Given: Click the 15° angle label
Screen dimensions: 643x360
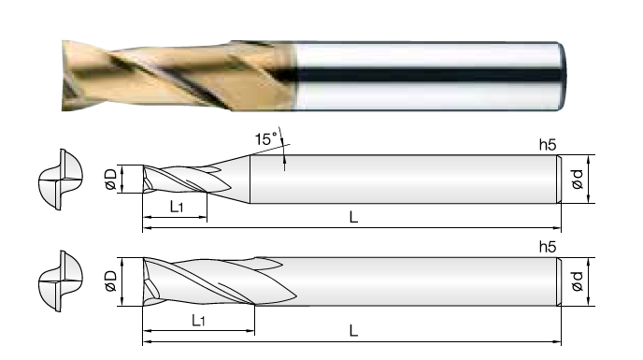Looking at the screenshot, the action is (266, 138).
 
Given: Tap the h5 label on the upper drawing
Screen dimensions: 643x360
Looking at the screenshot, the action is (548, 145).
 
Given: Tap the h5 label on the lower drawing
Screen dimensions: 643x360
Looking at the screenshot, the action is (548, 247).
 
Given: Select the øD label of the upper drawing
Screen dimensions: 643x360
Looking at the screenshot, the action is (110, 180).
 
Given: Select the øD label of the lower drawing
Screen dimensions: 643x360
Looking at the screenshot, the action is (110, 281).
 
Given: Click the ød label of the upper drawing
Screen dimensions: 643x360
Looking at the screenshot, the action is (577, 180).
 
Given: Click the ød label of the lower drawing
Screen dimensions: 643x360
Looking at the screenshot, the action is (577, 281).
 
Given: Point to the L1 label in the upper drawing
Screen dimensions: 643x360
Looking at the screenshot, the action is (177, 207).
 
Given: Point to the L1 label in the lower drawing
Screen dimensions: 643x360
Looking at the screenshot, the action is (198, 320).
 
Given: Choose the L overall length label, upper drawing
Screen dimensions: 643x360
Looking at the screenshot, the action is (353, 217).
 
